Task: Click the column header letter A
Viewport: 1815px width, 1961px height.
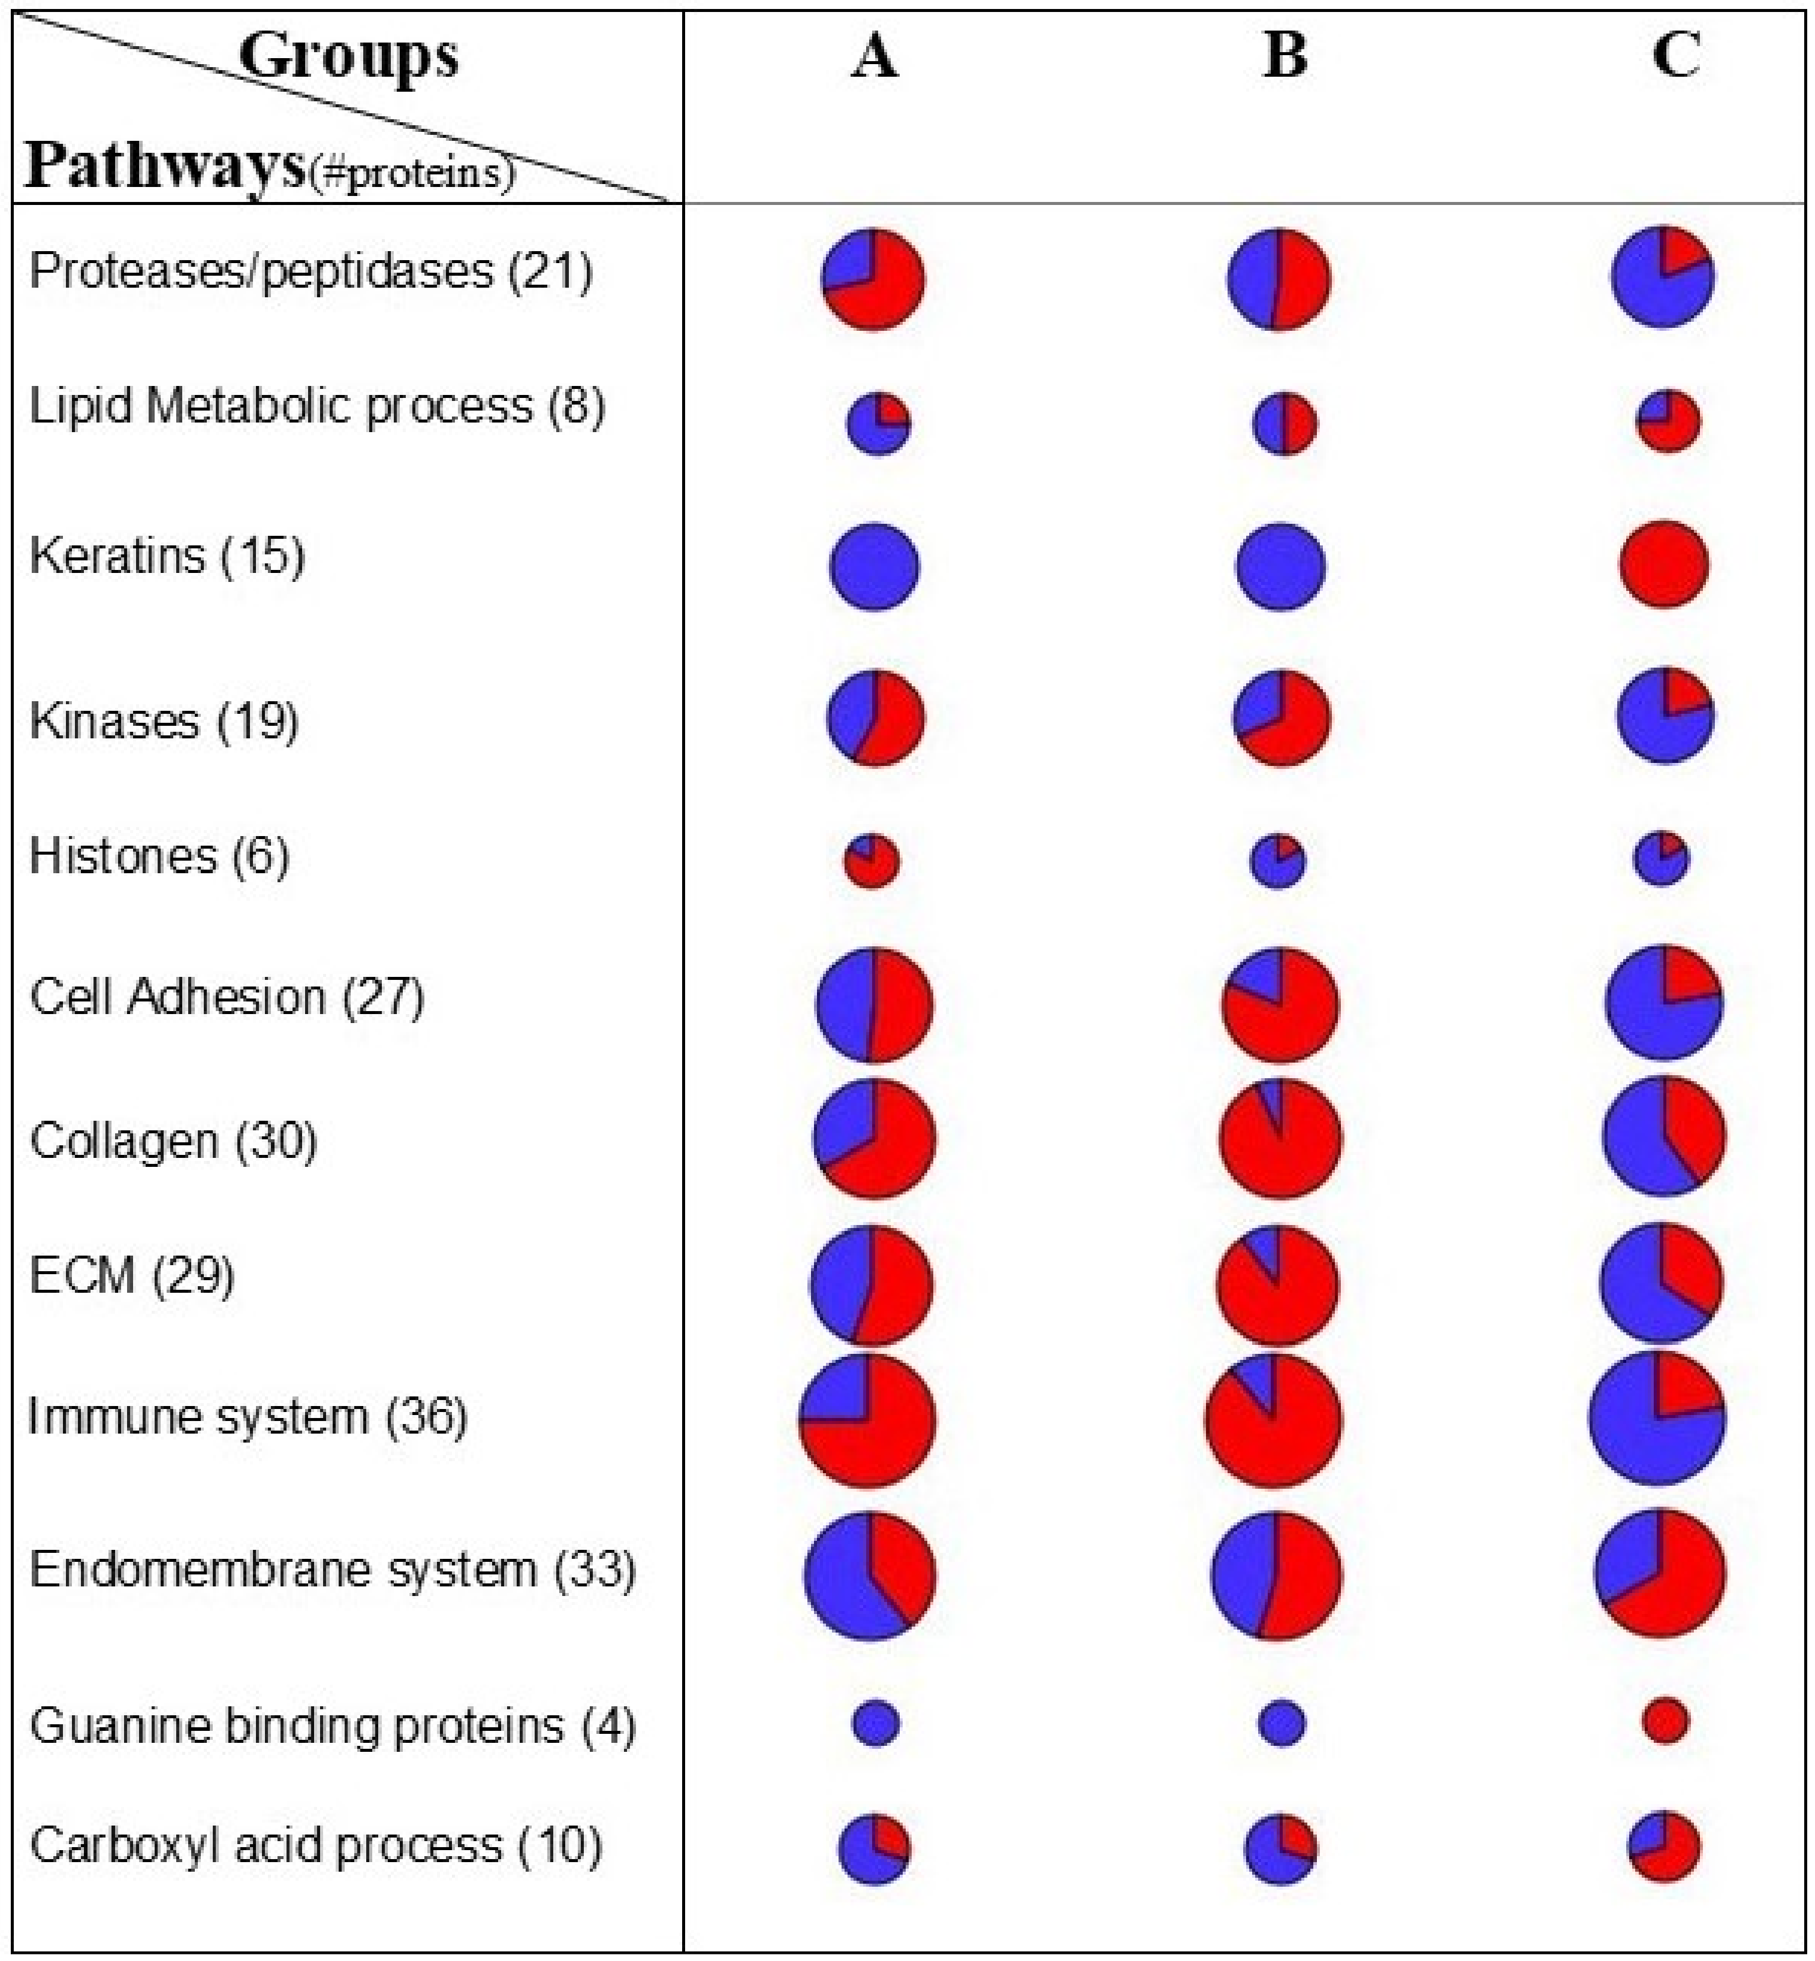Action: click(874, 55)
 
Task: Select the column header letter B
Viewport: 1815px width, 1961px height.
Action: click(1285, 55)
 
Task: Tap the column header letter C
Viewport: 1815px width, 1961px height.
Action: click(1675, 55)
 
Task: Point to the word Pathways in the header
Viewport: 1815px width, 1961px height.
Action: click(165, 165)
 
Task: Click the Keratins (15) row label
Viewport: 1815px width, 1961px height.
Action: click(167, 556)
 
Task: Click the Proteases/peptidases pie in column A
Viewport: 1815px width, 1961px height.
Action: click(873, 279)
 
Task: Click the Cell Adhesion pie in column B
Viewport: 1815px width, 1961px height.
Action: click(1280, 1004)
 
